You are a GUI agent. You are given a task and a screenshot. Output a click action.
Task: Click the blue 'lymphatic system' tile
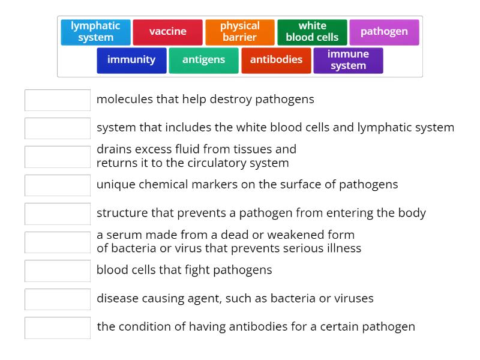[x=95, y=32]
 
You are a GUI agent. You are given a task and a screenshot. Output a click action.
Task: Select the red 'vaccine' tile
[x=168, y=32]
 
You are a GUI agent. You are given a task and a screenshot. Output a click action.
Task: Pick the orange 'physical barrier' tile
[x=240, y=32]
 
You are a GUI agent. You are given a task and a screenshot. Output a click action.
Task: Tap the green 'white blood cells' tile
[x=312, y=32]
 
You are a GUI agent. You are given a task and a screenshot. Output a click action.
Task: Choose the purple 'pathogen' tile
[x=384, y=32]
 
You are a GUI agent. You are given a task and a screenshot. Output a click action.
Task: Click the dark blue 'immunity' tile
[x=131, y=60]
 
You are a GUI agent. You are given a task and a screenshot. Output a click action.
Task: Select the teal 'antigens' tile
[x=203, y=60]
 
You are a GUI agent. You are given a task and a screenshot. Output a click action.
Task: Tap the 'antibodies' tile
[x=276, y=60]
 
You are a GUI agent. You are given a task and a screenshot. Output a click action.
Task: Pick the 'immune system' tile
[x=348, y=60]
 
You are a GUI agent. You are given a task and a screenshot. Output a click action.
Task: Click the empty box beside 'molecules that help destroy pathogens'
[x=58, y=100]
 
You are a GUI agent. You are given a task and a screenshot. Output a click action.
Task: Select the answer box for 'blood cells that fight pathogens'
[x=58, y=271]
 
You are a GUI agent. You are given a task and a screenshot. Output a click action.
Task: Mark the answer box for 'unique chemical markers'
[x=58, y=185]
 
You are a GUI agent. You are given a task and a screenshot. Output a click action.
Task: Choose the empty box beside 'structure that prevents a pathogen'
[x=58, y=214]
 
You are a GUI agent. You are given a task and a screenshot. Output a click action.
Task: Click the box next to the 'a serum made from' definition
[x=58, y=242]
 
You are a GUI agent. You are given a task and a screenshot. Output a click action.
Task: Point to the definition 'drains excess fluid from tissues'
[x=196, y=156]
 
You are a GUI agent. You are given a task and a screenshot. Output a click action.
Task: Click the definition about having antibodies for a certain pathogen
[x=256, y=327]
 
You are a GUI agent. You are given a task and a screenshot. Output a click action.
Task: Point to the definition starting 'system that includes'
[x=275, y=128]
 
